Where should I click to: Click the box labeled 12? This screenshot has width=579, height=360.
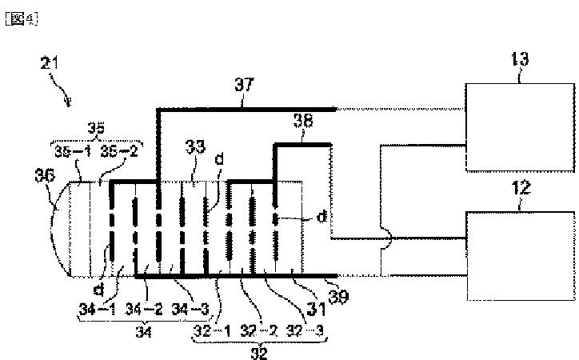click(519, 254)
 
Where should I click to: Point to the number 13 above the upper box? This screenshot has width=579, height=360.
click(519, 59)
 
